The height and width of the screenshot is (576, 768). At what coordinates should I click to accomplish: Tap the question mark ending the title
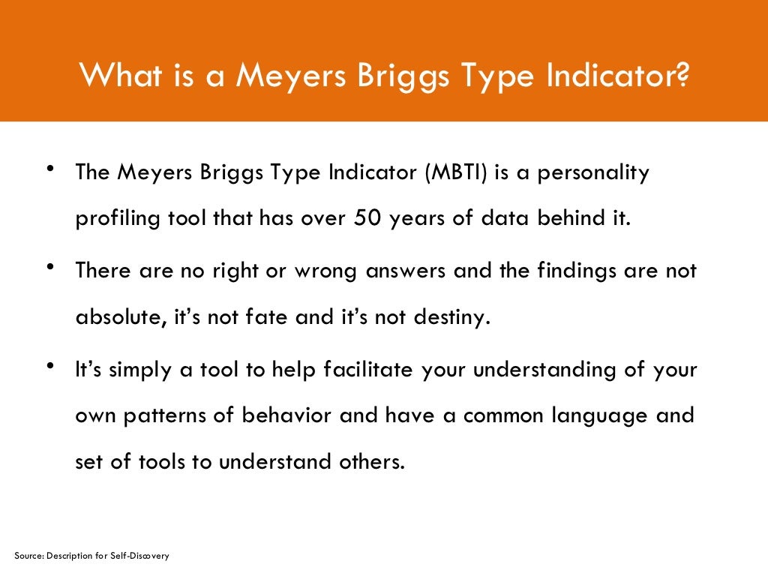point(679,75)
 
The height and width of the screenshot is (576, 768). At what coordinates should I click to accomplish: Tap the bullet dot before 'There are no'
point(49,268)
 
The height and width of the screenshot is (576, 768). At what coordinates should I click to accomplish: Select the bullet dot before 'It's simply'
point(49,366)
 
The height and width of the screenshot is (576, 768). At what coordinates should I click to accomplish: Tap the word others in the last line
point(370,461)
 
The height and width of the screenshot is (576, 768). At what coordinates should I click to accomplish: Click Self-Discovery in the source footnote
point(143,556)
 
